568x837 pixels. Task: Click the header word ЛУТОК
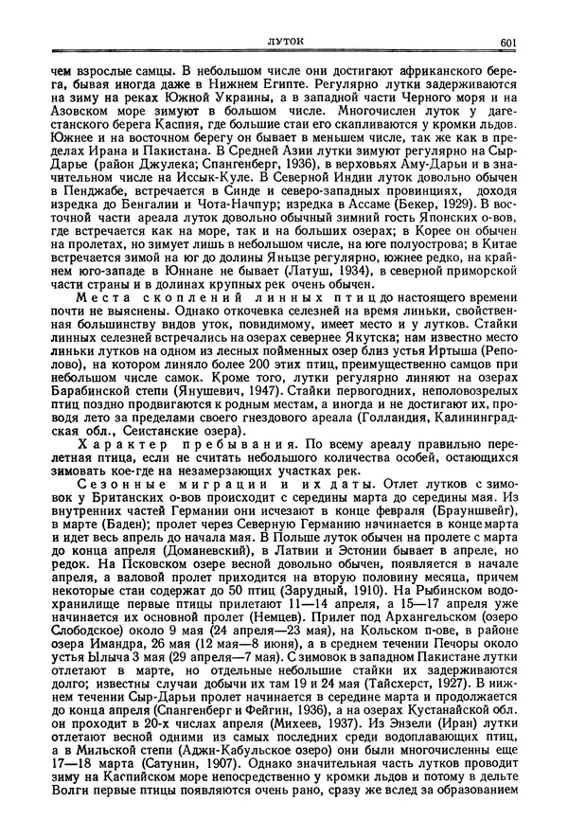pos(282,41)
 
